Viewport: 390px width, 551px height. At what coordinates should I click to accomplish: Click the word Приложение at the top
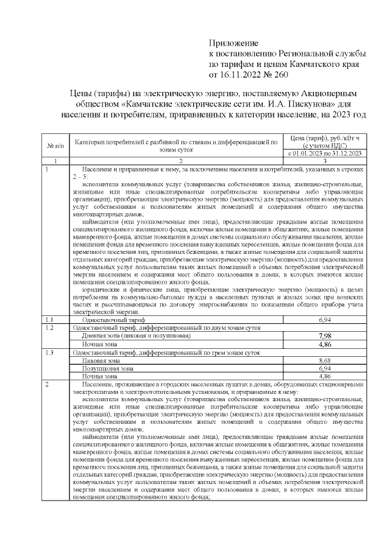click(234, 44)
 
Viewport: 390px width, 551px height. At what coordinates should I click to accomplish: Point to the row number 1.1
click(51, 320)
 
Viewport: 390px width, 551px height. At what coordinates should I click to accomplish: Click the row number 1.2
click(51, 328)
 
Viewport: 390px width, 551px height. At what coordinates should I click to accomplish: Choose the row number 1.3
click(51, 352)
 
